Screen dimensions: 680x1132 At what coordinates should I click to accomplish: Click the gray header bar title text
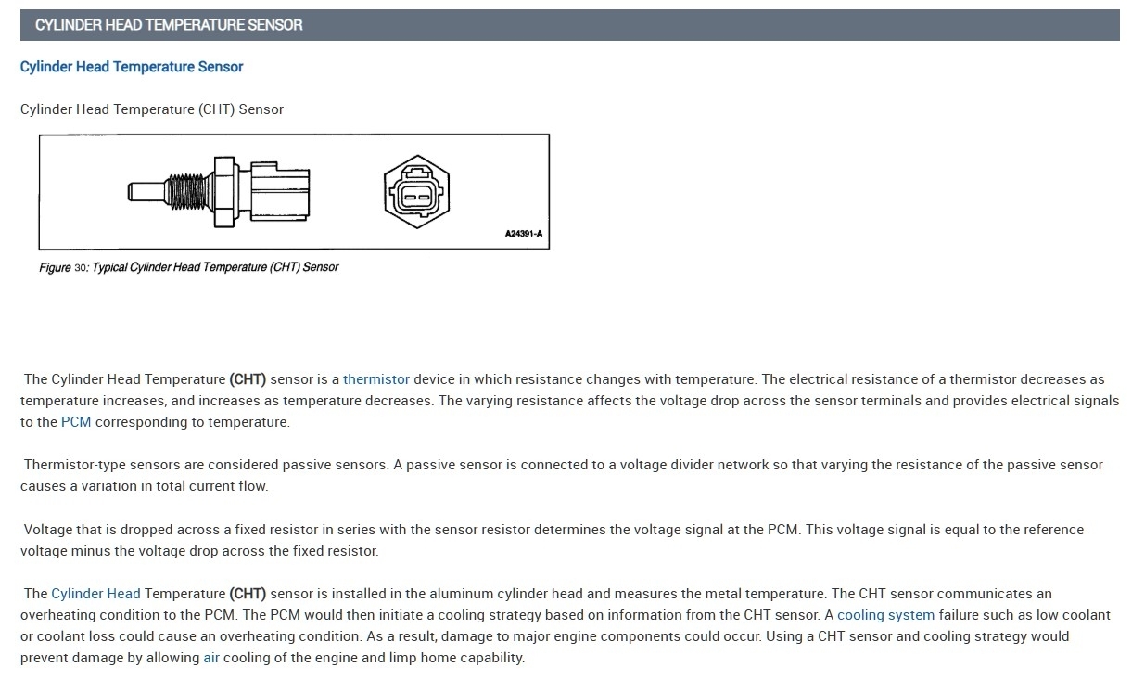(x=169, y=25)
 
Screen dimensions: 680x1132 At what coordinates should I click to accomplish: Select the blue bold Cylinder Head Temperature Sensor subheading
(x=132, y=67)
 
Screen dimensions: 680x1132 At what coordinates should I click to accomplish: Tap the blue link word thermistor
(x=375, y=379)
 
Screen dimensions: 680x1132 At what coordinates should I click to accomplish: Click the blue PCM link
(x=74, y=422)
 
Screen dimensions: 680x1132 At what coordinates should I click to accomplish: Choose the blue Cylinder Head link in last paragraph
(x=95, y=594)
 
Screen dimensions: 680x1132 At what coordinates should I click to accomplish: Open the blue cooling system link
(x=885, y=615)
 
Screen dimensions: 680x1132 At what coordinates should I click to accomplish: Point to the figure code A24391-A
(x=524, y=234)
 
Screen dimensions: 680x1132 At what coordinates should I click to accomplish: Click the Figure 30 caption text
(x=188, y=267)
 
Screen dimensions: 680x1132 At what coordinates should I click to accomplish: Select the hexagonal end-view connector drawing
(x=415, y=192)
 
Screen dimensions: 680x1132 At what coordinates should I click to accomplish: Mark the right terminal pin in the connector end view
(x=424, y=195)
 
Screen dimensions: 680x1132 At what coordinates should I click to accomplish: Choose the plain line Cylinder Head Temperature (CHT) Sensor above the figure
(x=152, y=109)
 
